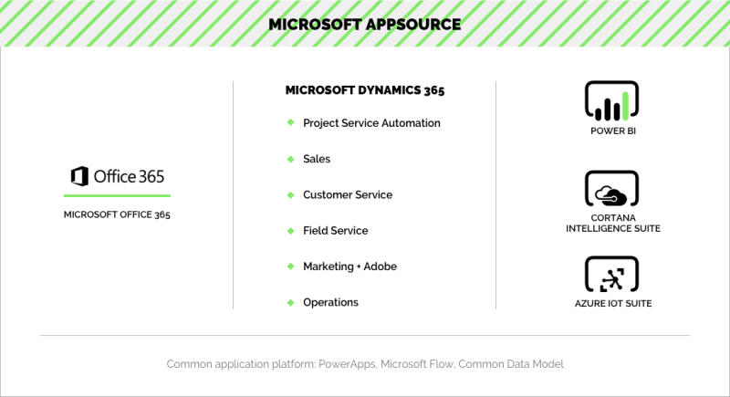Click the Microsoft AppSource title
(x=364, y=25)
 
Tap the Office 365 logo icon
(x=79, y=176)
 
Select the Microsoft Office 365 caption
(x=117, y=214)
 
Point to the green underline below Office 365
(x=117, y=196)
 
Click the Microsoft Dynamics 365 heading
(x=365, y=90)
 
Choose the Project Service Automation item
(x=371, y=123)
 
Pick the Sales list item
(x=317, y=159)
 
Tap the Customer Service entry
(x=348, y=195)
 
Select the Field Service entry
(x=335, y=231)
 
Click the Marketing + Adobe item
(x=350, y=266)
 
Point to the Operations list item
(x=330, y=302)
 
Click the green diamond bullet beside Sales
(x=290, y=159)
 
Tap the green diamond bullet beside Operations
(x=290, y=302)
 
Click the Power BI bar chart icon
(x=611, y=101)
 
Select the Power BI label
(x=613, y=131)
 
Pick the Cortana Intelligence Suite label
(x=613, y=224)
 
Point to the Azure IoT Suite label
(x=613, y=303)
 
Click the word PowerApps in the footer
(x=347, y=364)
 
